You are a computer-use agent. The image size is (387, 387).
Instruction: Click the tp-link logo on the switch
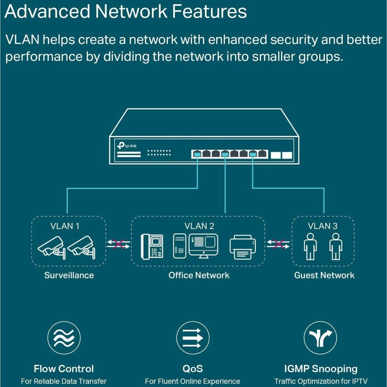pos(127,146)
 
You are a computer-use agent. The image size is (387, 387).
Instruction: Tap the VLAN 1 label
pos(65,226)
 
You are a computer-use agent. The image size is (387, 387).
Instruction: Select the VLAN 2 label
pos(199,226)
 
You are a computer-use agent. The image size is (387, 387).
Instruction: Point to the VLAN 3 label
pos(322,226)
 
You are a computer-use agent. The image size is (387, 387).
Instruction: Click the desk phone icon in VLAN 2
pos(152,247)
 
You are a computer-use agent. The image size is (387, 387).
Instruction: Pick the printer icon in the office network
pos(243,247)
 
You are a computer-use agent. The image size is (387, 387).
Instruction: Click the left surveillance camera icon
pos(51,247)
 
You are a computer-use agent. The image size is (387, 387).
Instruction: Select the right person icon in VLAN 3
pos(336,246)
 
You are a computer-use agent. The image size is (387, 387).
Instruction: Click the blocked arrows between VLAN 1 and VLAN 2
pos(118,244)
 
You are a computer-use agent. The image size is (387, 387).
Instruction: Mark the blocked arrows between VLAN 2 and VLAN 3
pos(278,244)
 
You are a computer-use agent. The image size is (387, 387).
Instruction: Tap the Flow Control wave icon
pos(64,337)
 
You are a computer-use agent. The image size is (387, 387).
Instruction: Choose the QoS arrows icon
pos(193,337)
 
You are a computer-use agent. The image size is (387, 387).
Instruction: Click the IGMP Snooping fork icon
pos(320,337)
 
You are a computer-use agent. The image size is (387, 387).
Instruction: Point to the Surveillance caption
pos(69,275)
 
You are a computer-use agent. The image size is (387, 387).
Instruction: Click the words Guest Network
pos(324,275)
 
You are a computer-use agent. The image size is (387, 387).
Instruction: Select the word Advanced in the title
pos(47,12)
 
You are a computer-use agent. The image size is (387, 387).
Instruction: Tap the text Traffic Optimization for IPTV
pos(321,381)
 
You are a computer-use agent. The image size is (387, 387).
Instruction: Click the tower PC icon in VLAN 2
pos(179,246)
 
